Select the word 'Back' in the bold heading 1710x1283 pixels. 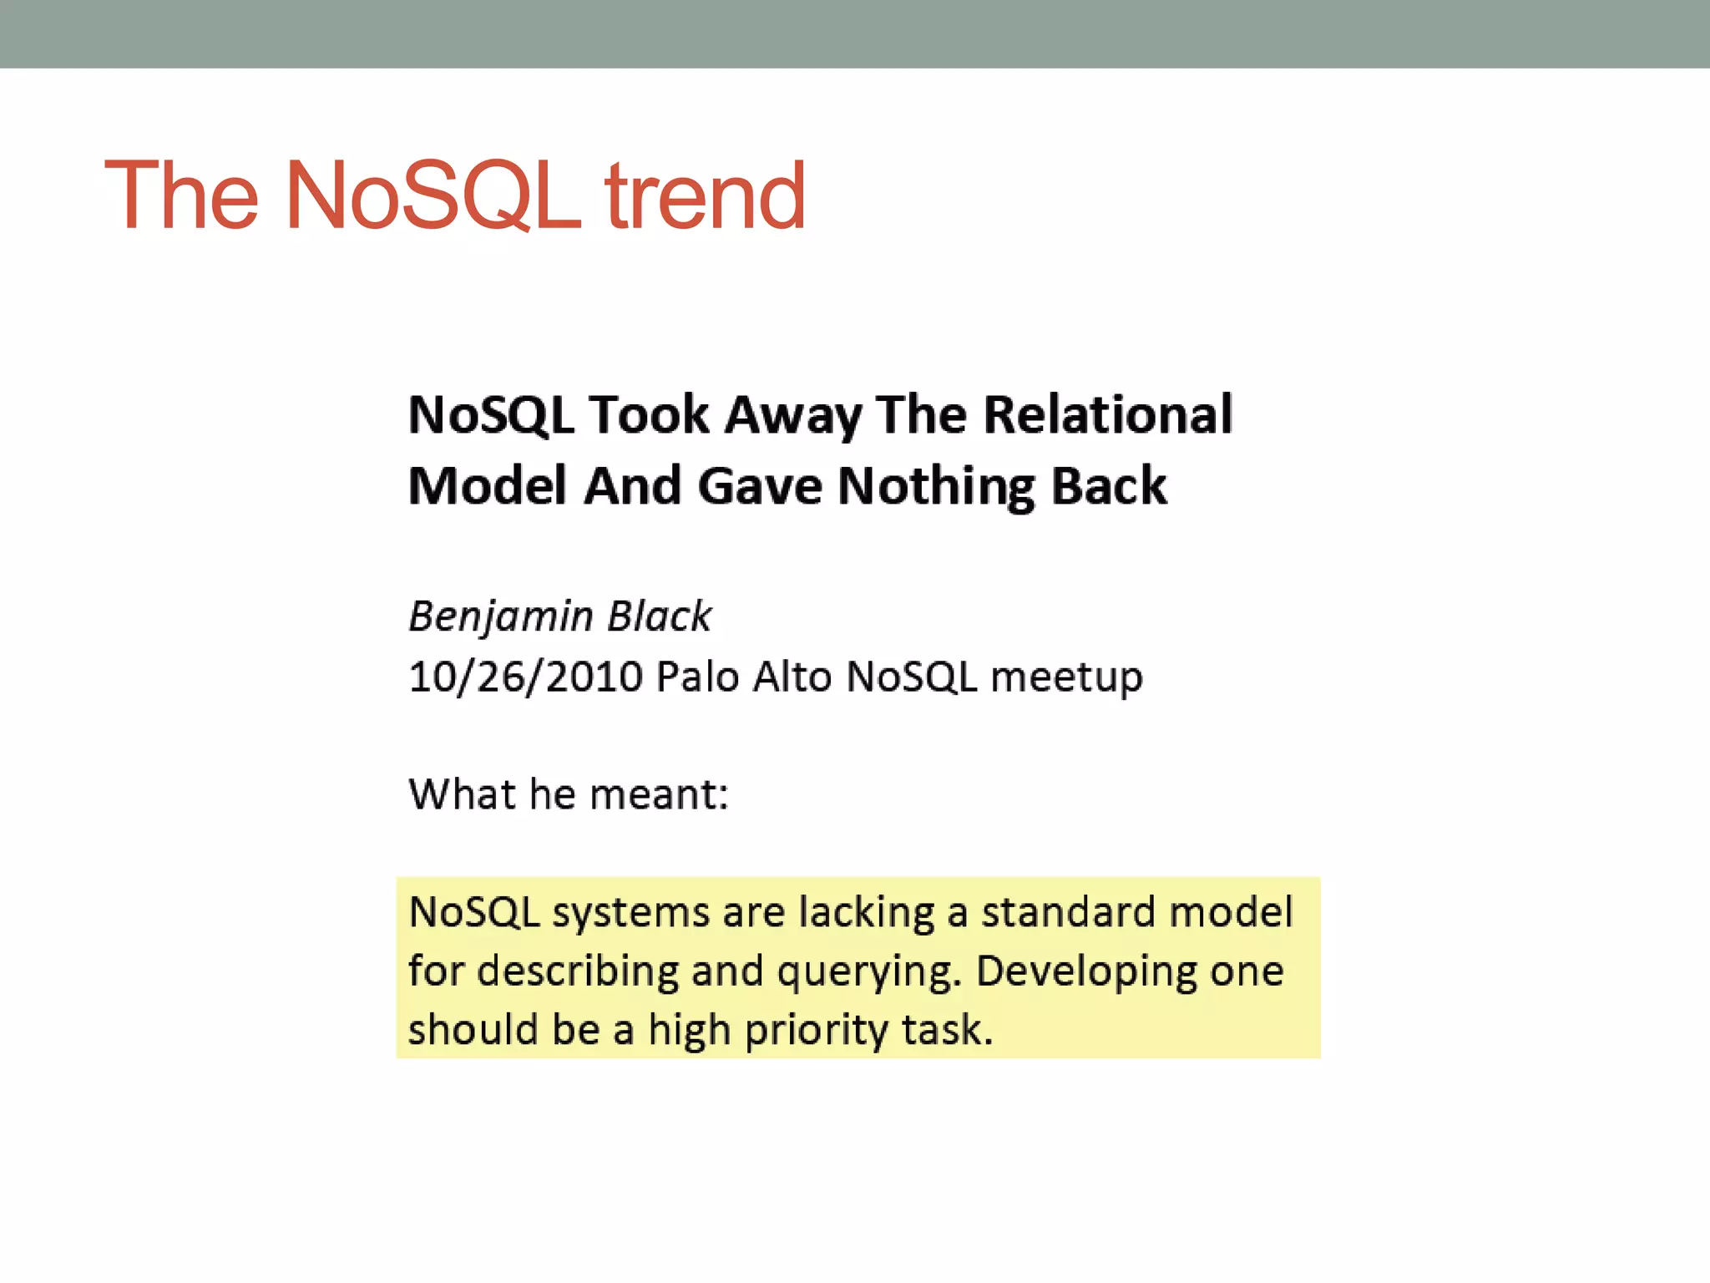pyautogui.click(x=1108, y=486)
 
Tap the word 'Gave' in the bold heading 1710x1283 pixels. pyautogui.click(x=760, y=486)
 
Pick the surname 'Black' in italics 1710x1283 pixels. pyautogui.click(x=660, y=616)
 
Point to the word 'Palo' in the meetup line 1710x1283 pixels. pyautogui.click(x=698, y=677)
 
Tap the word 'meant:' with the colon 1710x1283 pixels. pyautogui.click(x=659, y=794)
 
